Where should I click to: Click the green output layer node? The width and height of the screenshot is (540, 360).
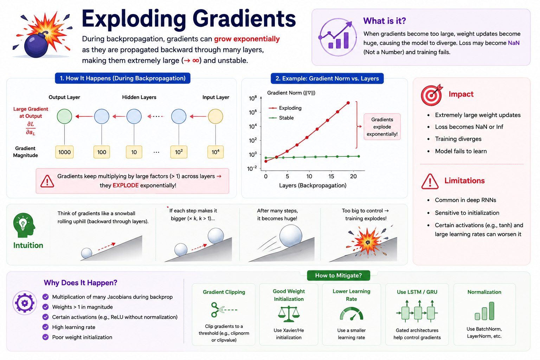pos(64,116)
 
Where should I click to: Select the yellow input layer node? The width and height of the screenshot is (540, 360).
pos(216,116)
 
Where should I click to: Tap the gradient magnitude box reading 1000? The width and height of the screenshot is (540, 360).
pos(64,152)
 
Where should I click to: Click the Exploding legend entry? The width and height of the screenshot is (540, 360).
pos(285,108)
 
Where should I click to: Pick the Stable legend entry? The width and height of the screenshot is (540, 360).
pos(281,118)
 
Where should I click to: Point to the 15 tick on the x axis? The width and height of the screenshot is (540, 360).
pos(331,176)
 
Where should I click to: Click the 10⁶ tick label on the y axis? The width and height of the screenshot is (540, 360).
pos(253,112)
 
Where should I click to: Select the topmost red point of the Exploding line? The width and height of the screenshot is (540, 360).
pos(348,103)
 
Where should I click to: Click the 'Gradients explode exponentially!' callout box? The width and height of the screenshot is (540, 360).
pos(382,127)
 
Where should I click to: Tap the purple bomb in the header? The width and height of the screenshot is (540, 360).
pos(36,45)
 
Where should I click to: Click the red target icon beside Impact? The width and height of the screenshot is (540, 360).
pos(432,95)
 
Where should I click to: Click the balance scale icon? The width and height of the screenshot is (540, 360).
pos(289,314)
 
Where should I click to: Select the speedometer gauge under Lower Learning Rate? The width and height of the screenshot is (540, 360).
pos(352,314)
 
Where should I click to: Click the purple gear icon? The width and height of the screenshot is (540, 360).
pos(25,303)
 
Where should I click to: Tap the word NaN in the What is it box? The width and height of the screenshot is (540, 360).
pos(514,43)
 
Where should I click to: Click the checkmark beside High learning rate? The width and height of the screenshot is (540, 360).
pos(45,327)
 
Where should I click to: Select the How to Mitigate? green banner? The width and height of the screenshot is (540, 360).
pos(339,275)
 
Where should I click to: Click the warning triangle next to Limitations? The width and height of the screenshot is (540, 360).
pos(430,181)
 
